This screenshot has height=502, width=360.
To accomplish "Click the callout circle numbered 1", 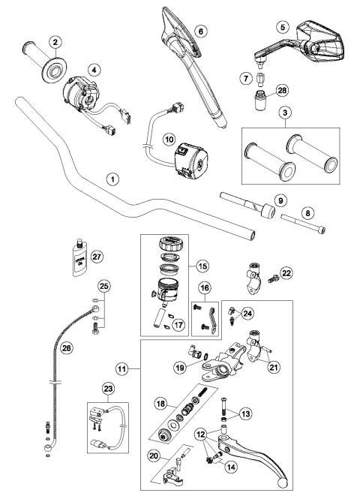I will coord(112,179).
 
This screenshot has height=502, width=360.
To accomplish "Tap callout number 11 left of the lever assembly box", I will coord(122,369).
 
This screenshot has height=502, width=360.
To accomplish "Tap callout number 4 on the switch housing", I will coord(94,69).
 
